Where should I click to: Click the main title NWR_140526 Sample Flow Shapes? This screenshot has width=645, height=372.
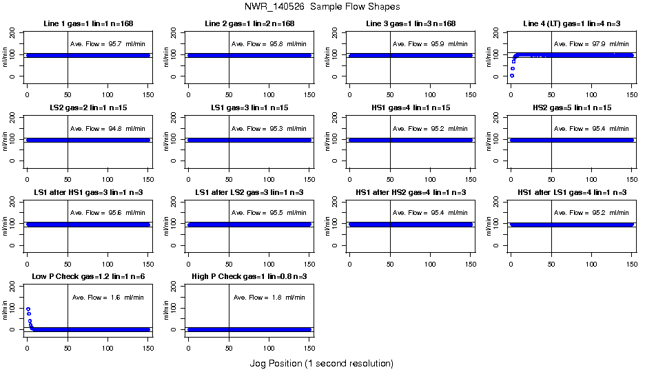322,7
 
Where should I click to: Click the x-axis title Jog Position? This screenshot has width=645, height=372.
322,363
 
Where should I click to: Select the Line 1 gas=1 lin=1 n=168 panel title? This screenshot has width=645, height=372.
87,24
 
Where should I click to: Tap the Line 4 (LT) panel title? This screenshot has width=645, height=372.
571,24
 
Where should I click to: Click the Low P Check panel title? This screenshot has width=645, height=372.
87,276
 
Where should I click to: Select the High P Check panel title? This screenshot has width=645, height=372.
249,276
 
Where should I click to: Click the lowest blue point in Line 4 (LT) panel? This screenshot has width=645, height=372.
511,75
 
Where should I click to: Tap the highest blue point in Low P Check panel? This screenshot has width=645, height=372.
28,309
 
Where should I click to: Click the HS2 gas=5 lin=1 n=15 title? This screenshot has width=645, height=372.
571,108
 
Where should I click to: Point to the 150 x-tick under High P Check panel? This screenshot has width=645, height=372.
309,340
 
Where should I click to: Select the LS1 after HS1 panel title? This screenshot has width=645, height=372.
87,192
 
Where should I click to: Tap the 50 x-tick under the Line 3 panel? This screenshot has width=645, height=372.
390,87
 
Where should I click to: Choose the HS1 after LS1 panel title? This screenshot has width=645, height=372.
571,192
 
